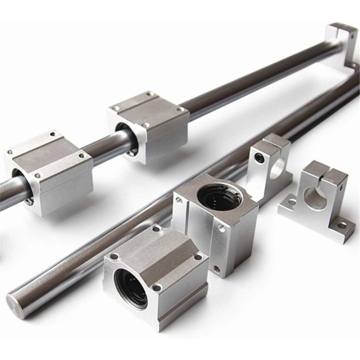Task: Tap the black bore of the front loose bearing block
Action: click(x=131, y=287)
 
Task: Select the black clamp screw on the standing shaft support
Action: click(x=258, y=157)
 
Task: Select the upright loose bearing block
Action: click(x=215, y=220)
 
